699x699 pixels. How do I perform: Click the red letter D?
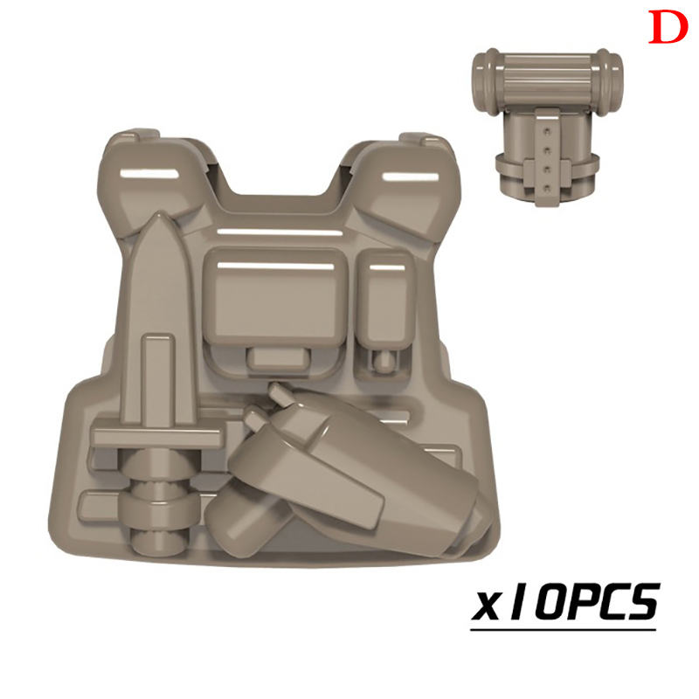click(668, 27)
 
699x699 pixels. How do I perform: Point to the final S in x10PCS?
click(640, 601)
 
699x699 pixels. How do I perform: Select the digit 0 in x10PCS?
click(552, 601)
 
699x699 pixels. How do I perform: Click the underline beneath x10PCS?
click(563, 629)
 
